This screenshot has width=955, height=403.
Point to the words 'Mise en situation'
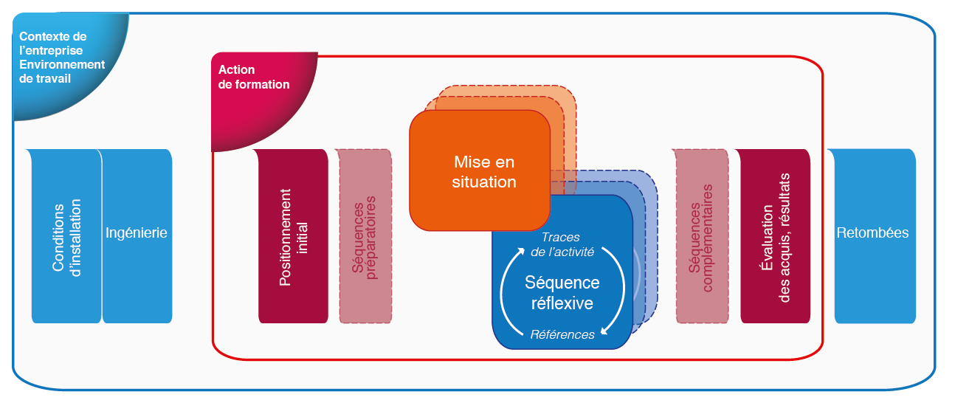(x=484, y=171)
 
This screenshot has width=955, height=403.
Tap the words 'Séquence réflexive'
(x=562, y=293)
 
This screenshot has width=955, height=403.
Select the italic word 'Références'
(x=562, y=334)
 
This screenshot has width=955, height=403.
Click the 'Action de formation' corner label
(x=254, y=77)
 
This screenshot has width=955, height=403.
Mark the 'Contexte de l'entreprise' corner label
(x=52, y=43)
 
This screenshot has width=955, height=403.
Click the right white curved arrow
(x=618, y=292)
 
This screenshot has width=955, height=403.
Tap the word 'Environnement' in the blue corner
(x=62, y=64)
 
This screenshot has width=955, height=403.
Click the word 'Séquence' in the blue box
(x=562, y=283)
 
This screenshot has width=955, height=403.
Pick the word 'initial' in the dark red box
(x=303, y=238)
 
